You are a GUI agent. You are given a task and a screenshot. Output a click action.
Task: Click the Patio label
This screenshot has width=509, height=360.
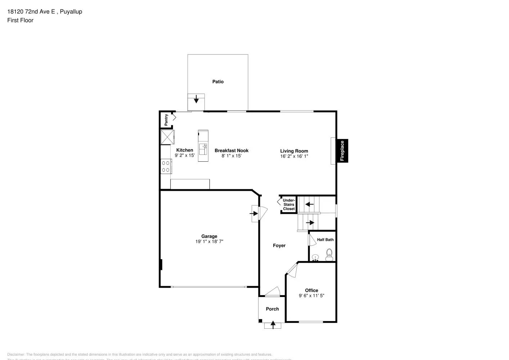pyautogui.click(x=218, y=82)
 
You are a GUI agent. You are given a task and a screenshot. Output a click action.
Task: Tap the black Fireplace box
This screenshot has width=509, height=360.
pyautogui.click(x=342, y=150)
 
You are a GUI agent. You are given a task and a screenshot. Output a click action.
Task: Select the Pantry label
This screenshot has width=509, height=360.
pyautogui.click(x=166, y=120)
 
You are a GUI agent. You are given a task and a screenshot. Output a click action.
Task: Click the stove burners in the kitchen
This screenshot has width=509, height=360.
pyautogui.click(x=166, y=166)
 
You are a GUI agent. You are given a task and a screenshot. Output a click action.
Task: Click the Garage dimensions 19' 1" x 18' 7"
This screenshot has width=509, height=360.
pyautogui.click(x=209, y=242)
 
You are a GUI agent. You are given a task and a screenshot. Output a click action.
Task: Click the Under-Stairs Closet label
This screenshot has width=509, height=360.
pyautogui.click(x=289, y=204)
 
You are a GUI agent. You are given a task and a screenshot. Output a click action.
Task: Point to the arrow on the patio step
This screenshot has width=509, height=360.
pyautogui.click(x=196, y=99)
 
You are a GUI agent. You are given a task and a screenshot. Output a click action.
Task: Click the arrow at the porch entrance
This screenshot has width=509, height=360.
pyautogui.click(x=273, y=325)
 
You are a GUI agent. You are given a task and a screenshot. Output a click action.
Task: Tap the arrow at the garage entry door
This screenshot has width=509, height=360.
pyautogui.click(x=254, y=213)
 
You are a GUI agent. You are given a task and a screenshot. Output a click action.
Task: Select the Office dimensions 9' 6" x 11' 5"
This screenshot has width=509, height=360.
pyautogui.click(x=311, y=296)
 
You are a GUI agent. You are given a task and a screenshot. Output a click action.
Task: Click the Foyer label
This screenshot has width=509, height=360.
pyautogui.click(x=279, y=246)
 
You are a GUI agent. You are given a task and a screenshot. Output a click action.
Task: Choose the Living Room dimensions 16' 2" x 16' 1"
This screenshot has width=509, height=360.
pyautogui.click(x=294, y=156)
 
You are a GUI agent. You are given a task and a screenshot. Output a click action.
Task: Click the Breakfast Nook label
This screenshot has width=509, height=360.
pyautogui.click(x=231, y=150)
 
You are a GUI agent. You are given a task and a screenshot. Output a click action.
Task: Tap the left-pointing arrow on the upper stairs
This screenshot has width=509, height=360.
pyautogui.click(x=309, y=204)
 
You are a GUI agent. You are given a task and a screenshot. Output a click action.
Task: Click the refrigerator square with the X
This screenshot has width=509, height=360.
pyautogui.click(x=167, y=137)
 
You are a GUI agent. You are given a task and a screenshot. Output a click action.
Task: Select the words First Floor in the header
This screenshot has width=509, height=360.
pyautogui.click(x=20, y=20)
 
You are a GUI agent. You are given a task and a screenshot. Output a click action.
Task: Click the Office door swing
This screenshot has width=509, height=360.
pyautogui.click(x=292, y=270)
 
